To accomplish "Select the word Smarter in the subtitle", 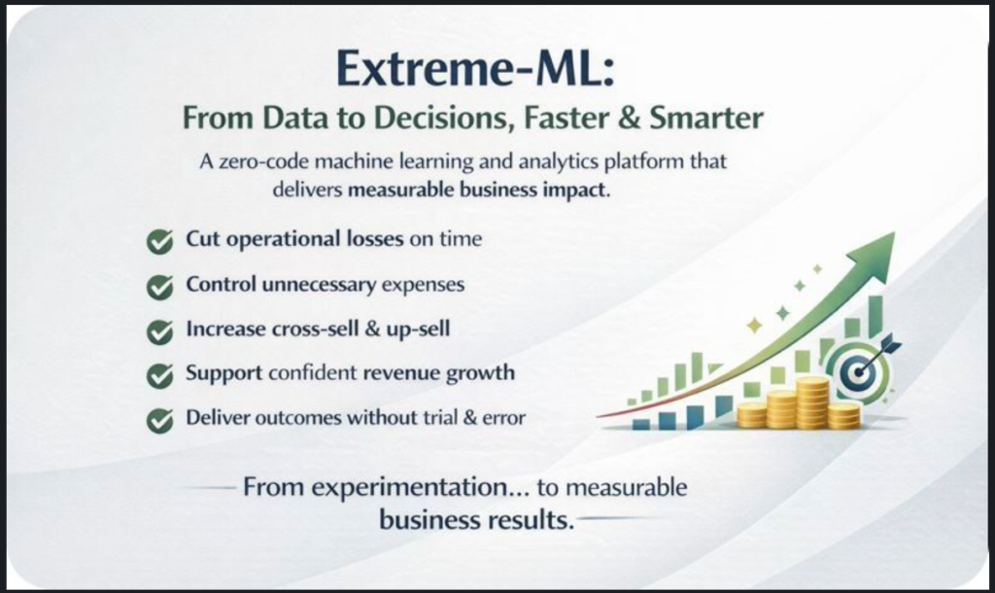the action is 706,118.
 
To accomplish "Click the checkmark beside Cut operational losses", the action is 159,241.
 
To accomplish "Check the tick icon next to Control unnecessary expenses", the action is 159,287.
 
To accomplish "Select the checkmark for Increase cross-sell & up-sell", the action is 159,331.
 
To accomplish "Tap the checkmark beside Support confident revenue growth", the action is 159,376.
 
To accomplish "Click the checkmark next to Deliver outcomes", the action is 159,420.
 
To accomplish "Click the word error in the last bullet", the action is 504,418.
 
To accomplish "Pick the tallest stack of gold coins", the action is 813,401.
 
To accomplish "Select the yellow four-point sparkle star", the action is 754,326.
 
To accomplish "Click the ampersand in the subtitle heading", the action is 630,118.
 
